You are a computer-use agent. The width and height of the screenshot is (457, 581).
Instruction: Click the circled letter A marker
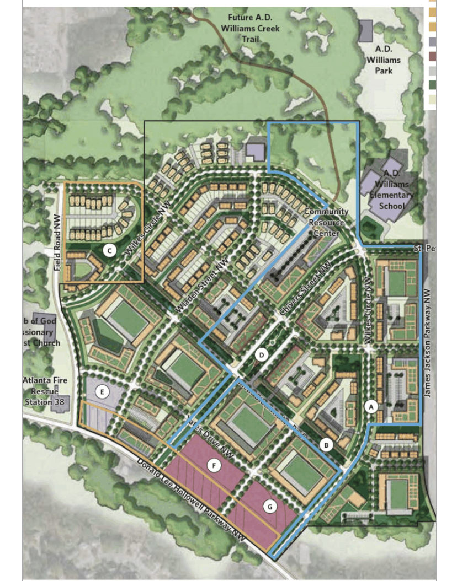click(371, 407)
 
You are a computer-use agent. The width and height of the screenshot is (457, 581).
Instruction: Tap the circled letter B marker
click(327, 444)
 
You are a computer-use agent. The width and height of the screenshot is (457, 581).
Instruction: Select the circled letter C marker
click(109, 251)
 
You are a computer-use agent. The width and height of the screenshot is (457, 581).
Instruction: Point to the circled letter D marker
click(262, 355)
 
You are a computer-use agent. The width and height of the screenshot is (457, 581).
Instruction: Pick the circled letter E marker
click(101, 392)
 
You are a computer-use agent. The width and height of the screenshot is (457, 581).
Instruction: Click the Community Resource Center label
click(326, 222)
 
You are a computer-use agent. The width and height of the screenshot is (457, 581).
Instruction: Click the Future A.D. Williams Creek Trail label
click(251, 28)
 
